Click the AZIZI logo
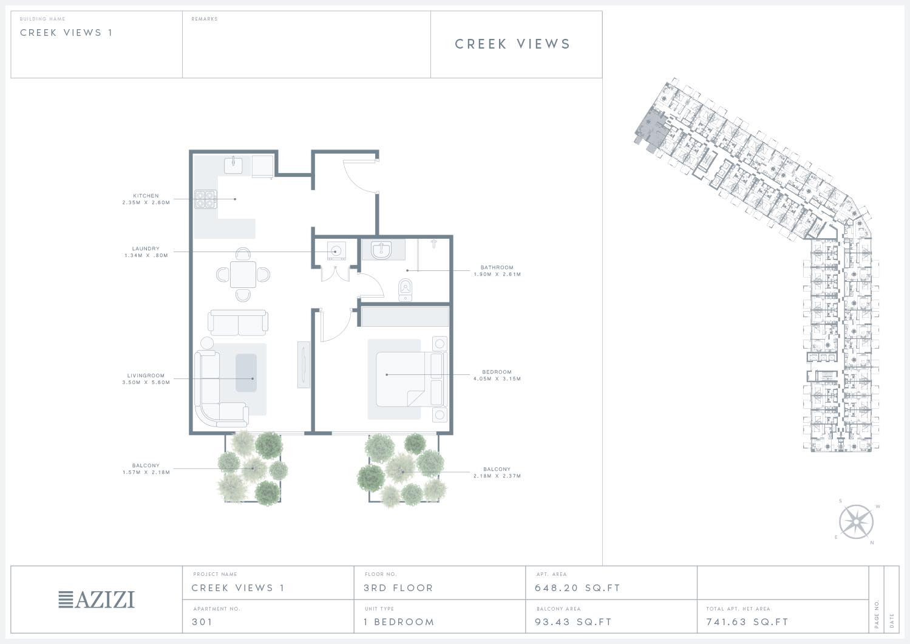click(97, 599)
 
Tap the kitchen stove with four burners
click(205, 199)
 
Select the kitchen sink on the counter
click(233, 165)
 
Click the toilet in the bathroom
click(405, 289)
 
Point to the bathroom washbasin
click(381, 250)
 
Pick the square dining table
click(243, 275)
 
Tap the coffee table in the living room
click(246, 372)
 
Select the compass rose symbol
click(856, 522)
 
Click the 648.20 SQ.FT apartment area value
click(577, 588)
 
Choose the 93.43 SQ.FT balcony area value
click(573, 622)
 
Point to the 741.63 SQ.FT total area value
click(747, 622)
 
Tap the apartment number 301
click(202, 622)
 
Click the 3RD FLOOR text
click(398, 588)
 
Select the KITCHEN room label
click(146, 196)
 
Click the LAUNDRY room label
click(146, 248)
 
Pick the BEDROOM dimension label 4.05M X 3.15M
click(497, 379)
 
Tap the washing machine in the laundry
click(336, 252)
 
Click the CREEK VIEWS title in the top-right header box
click(513, 44)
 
